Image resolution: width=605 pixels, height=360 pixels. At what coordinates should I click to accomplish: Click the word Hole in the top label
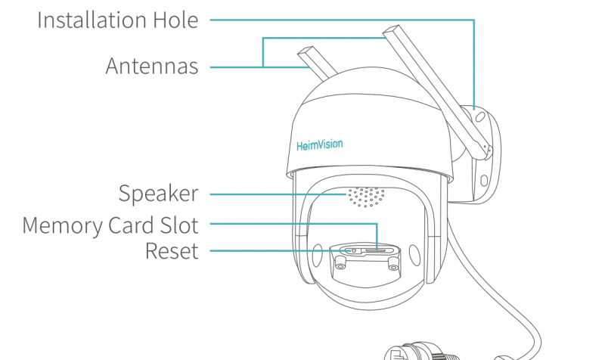click(x=175, y=20)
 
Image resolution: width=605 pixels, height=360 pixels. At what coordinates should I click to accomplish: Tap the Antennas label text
click(x=151, y=67)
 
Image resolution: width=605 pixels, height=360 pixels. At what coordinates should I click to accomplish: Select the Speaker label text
click(x=158, y=194)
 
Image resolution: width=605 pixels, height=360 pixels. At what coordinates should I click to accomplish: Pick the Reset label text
click(x=172, y=250)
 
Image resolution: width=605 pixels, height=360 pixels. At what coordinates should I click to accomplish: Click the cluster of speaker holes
click(x=367, y=198)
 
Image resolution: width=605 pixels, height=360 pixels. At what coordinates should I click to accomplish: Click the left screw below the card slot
click(x=340, y=262)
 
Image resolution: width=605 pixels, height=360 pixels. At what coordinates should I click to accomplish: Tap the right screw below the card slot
click(x=392, y=262)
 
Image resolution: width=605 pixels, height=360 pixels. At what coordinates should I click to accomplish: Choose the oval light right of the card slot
click(x=414, y=254)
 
